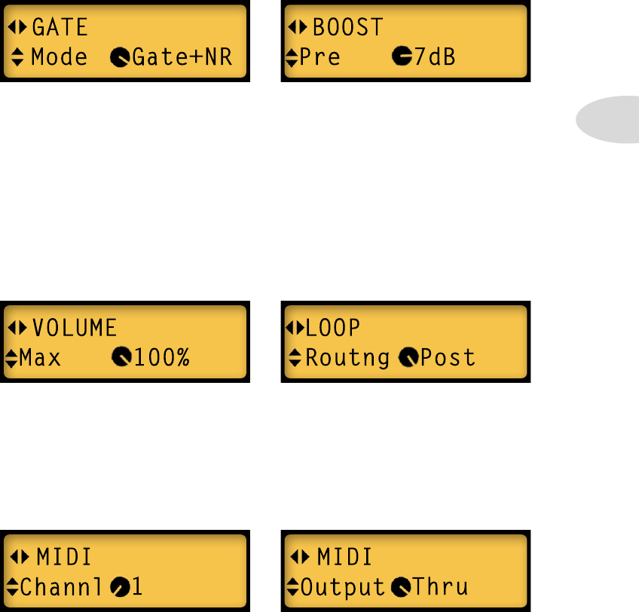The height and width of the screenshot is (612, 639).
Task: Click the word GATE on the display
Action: coord(60,29)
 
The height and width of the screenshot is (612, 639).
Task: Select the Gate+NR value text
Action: coord(182,57)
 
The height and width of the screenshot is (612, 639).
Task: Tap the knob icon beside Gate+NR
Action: coord(119,57)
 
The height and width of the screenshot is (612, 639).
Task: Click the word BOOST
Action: coord(347,29)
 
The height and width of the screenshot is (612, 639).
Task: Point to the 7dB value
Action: coord(435,57)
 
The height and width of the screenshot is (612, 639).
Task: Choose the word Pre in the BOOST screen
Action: coord(320,57)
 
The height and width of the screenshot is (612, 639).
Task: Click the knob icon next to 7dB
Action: coord(402,57)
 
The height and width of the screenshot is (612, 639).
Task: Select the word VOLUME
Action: coord(74,328)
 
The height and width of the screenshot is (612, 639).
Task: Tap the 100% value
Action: coord(160,357)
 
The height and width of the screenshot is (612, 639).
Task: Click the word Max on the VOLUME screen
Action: coord(40,357)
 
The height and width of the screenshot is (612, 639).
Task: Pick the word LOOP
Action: coord(332,328)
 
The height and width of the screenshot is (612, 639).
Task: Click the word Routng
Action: coord(347,357)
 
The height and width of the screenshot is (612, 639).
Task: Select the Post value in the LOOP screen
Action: coord(448,357)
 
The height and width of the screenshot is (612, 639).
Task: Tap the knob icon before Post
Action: coord(408,357)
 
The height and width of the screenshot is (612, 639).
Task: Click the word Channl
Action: coord(61,587)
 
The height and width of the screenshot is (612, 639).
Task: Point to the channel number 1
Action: coord(137,587)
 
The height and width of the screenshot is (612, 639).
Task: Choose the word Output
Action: coord(343,587)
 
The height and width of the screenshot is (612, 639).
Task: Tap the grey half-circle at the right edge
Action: coord(609,119)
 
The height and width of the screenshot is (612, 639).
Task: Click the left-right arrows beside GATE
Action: coord(17,29)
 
